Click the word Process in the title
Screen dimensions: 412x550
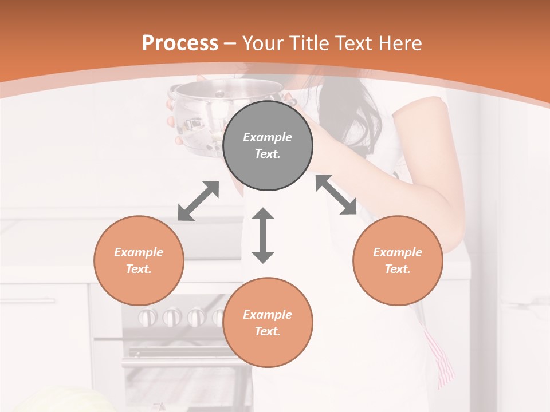180,43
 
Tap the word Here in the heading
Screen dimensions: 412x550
399,43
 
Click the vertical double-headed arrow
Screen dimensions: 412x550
263,236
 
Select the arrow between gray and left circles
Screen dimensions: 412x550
198,201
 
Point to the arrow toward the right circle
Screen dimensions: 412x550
336,195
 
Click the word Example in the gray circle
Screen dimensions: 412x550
268,137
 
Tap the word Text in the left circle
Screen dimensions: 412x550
138,269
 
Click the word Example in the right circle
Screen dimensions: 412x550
398,252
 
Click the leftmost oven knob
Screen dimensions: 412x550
148,316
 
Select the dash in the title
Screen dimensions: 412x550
230,43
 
